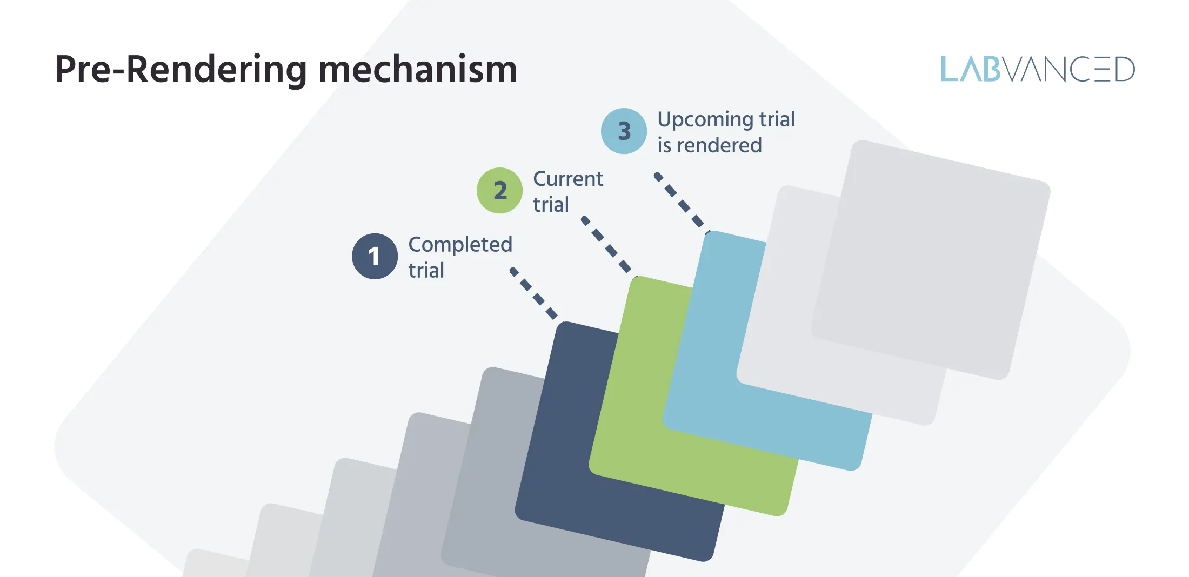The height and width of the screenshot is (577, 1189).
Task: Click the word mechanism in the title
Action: coord(418,70)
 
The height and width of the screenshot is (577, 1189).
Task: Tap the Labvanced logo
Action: coord(1038,69)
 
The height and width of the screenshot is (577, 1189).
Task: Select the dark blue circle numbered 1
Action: coord(375,256)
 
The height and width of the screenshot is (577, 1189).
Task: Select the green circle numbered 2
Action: coord(499,190)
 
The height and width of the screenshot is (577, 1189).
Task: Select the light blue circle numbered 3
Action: coord(624,131)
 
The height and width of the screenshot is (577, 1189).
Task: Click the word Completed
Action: coord(460,245)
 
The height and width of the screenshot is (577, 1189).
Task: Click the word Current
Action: coord(568,179)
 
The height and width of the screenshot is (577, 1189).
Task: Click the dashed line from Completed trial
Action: coord(534,294)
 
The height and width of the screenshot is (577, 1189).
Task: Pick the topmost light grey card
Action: coord(930,259)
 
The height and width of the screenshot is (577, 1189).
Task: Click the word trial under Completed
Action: coord(426,271)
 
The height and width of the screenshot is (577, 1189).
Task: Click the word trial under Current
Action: coord(551,205)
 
